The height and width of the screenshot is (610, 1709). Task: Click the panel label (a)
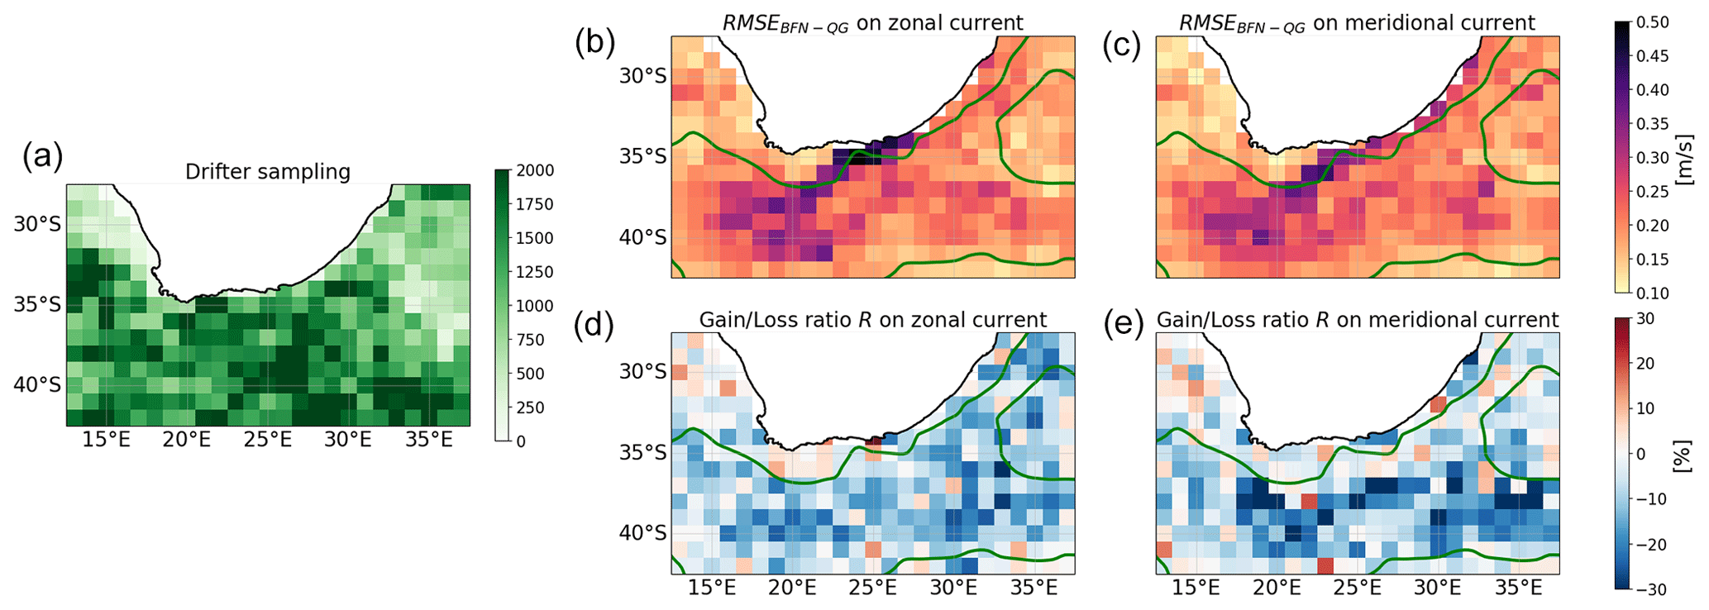click(x=42, y=156)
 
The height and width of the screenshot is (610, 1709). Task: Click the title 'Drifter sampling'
click(x=267, y=172)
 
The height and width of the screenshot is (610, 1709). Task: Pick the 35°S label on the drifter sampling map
click(x=37, y=305)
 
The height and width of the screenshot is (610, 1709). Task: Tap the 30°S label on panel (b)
click(x=642, y=77)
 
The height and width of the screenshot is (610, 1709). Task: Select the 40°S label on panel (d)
click(x=642, y=533)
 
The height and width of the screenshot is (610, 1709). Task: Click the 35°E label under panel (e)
click(x=1518, y=589)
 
